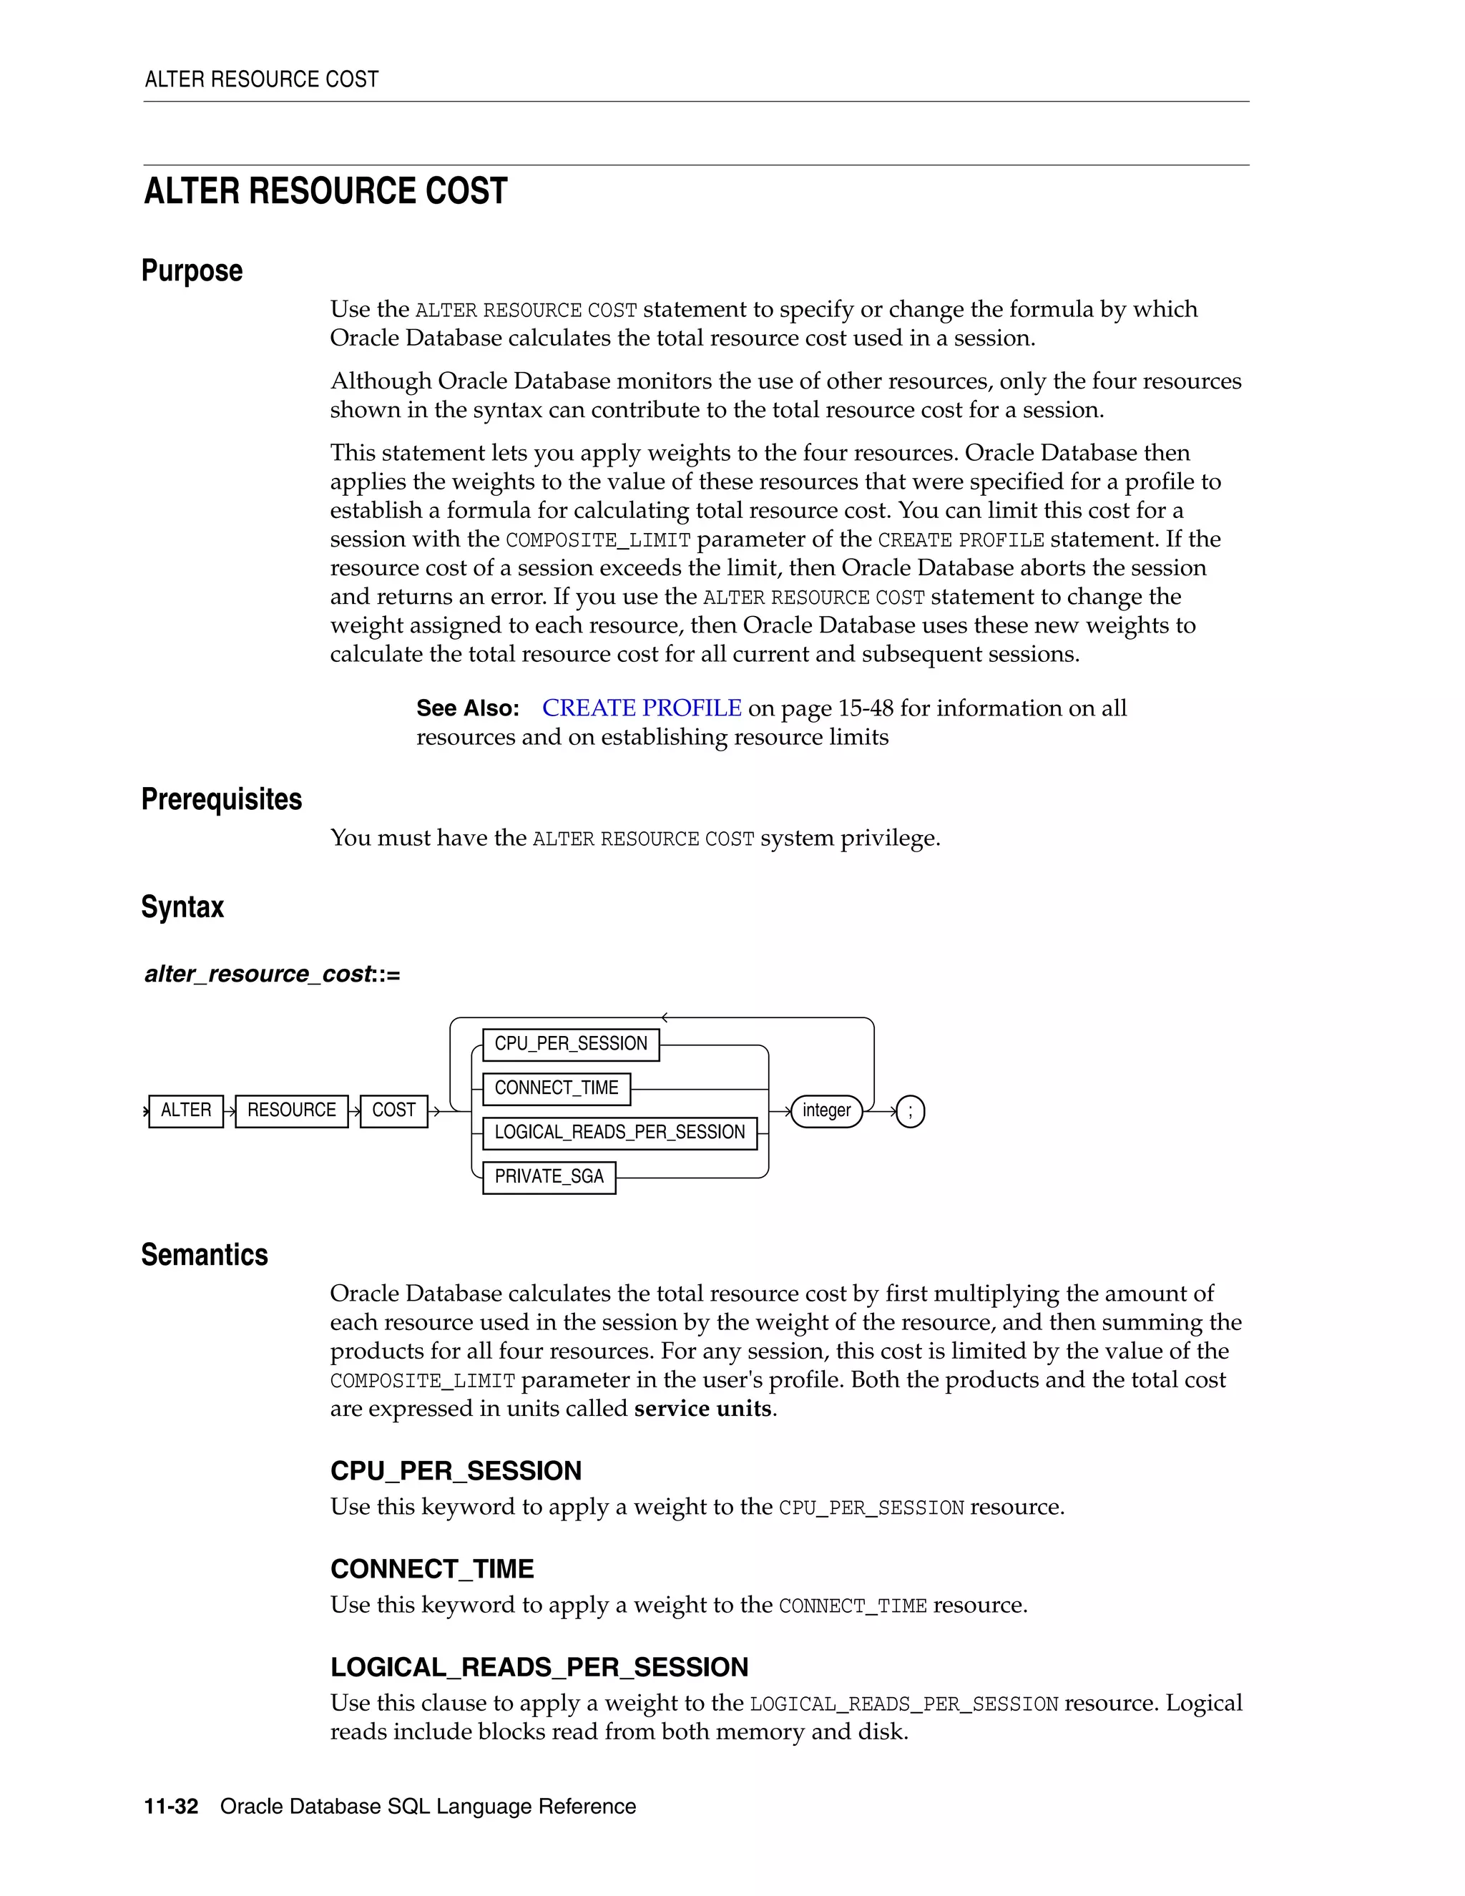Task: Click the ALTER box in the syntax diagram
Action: (186, 1110)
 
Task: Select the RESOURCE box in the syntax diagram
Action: (292, 1110)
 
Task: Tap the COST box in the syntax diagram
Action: (394, 1110)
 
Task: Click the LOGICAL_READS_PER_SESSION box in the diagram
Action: (619, 1132)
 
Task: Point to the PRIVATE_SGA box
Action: (549, 1176)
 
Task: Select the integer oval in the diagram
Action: (826, 1110)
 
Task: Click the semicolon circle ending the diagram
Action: (910, 1111)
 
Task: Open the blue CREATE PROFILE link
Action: (642, 708)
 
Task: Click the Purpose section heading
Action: (192, 271)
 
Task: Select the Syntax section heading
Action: (182, 907)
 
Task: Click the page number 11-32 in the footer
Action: (171, 1807)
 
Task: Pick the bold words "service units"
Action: (702, 1408)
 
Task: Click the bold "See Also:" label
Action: (468, 708)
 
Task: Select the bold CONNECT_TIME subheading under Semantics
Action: (431, 1569)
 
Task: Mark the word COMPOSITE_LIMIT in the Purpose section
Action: (598, 540)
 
